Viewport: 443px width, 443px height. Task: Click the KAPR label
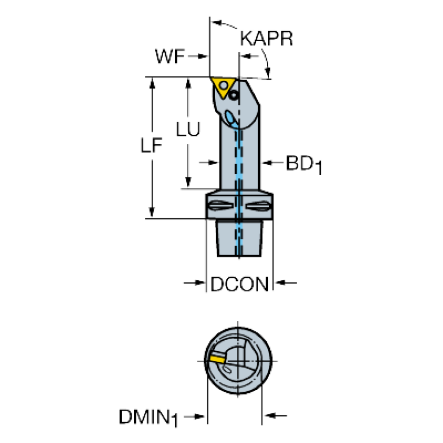(x=266, y=39)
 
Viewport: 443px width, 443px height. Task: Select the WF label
(x=170, y=56)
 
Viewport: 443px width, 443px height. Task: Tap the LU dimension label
(x=188, y=129)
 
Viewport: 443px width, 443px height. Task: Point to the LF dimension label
(x=151, y=145)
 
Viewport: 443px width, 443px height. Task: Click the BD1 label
(x=304, y=165)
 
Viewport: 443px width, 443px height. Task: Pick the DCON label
(x=240, y=284)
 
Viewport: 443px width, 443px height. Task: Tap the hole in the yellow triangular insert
(x=224, y=85)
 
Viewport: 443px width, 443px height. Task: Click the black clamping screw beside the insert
(x=234, y=95)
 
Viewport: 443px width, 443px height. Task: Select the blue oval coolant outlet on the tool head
(x=232, y=120)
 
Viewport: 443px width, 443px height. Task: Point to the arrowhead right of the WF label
(x=203, y=56)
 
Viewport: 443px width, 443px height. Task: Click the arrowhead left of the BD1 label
(x=267, y=162)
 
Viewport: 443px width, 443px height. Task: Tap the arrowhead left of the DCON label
(x=200, y=282)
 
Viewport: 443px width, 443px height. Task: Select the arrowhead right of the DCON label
(x=280, y=282)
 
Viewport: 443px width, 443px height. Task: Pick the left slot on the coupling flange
(x=221, y=206)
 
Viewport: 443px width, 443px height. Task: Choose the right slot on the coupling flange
(x=258, y=206)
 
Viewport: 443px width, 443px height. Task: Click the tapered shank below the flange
(x=239, y=238)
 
